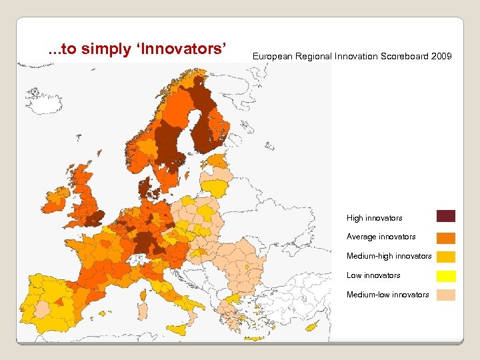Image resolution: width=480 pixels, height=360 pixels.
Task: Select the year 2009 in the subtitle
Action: pos(441,57)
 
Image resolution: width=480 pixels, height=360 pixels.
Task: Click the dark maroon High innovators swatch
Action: pos(446,216)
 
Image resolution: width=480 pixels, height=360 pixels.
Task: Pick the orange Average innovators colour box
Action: pos(446,237)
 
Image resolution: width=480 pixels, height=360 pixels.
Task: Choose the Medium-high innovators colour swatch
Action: pos(446,257)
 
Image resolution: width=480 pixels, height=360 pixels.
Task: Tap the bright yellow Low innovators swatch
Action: pos(446,276)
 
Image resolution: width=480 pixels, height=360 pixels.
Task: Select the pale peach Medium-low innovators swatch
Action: pos(446,295)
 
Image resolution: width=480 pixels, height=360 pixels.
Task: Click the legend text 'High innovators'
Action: pos(374,218)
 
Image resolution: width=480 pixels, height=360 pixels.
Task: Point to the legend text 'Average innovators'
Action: pos(381,237)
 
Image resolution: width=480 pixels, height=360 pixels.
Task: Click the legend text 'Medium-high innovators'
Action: pos(389,256)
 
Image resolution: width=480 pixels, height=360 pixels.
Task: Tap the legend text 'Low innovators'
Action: pos(373,275)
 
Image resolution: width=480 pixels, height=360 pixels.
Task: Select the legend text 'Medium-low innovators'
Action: pos(387,295)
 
